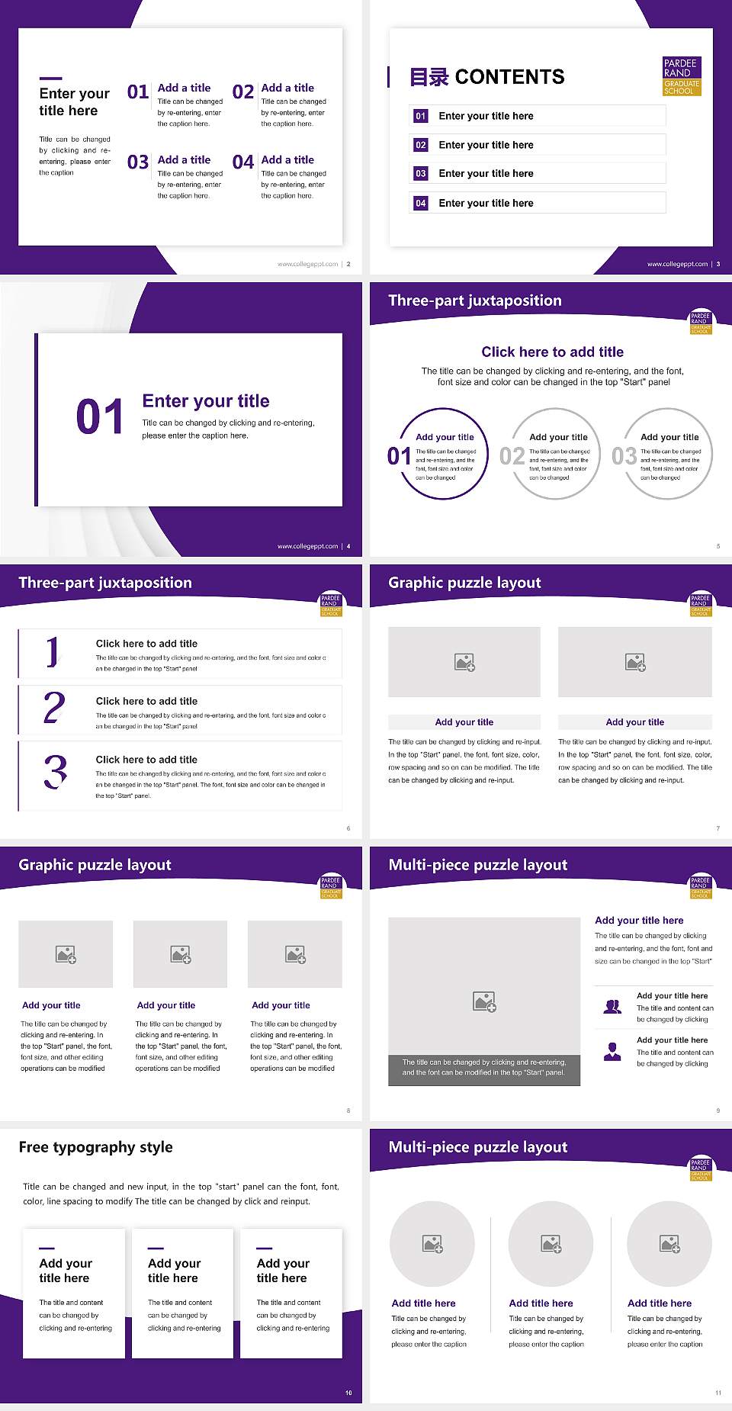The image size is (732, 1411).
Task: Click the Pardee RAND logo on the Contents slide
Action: [x=682, y=76]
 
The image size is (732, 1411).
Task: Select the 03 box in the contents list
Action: [x=421, y=174]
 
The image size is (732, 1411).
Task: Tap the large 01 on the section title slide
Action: [x=100, y=417]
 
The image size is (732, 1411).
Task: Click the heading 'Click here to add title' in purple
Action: [x=552, y=352]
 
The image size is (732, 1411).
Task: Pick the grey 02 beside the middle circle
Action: [x=512, y=456]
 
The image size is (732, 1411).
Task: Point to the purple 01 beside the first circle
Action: [x=399, y=456]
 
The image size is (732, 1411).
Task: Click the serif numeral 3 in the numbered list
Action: [x=55, y=772]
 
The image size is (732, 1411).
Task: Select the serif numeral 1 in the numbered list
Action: [x=52, y=652]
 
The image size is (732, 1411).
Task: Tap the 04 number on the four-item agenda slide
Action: [x=243, y=162]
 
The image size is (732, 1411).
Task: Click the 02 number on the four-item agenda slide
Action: [x=243, y=92]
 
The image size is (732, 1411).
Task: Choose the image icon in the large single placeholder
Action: [x=484, y=1001]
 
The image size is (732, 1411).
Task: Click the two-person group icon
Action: [x=612, y=1007]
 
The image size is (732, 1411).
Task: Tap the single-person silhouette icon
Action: [x=612, y=1052]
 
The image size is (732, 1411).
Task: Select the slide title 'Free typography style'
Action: [x=96, y=1147]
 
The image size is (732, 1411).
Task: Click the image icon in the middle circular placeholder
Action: [x=551, y=1244]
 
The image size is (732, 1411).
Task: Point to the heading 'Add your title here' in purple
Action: [x=639, y=921]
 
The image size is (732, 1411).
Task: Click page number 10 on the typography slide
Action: [x=348, y=1393]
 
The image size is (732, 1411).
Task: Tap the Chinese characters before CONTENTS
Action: [x=429, y=77]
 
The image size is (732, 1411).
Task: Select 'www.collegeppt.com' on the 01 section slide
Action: [x=307, y=546]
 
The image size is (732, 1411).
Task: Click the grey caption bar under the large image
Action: [x=484, y=1067]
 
